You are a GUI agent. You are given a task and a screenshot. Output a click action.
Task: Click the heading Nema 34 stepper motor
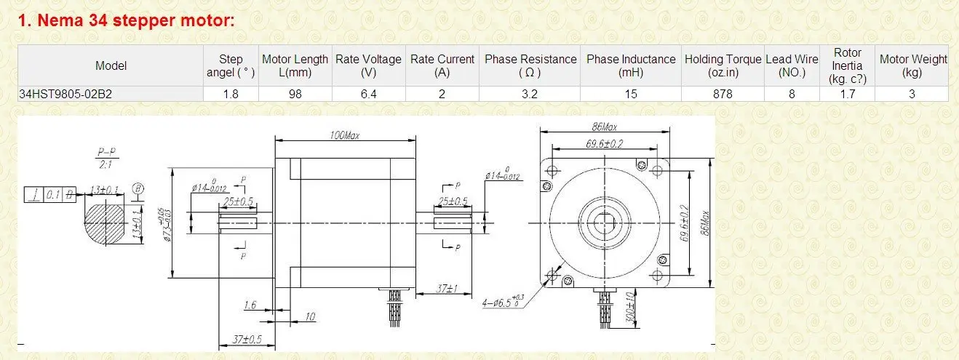click(127, 20)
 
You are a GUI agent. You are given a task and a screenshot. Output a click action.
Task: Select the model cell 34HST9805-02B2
click(65, 94)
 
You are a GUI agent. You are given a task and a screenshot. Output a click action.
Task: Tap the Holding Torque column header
click(723, 65)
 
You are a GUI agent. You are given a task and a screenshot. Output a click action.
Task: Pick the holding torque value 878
click(723, 94)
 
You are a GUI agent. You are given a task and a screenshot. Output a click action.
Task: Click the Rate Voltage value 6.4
click(368, 94)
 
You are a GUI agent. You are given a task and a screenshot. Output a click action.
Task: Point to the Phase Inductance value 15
click(631, 94)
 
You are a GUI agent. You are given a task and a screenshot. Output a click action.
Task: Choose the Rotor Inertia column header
click(847, 65)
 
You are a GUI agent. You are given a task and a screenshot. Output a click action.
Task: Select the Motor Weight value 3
click(912, 94)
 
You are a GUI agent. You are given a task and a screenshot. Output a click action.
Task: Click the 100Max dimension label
click(345, 135)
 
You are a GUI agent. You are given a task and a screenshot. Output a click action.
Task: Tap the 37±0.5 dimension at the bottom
click(247, 340)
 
